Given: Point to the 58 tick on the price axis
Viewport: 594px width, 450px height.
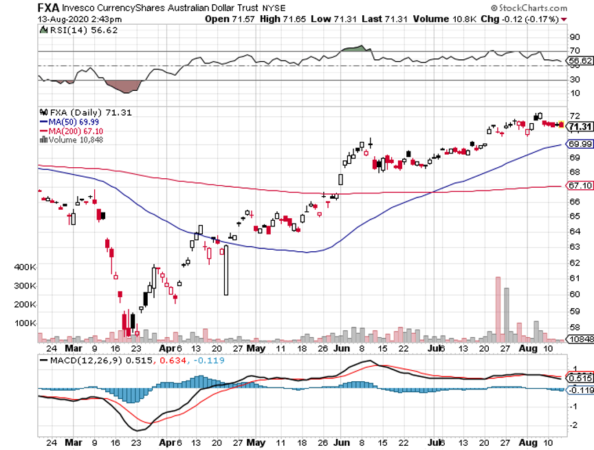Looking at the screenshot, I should click(x=574, y=311).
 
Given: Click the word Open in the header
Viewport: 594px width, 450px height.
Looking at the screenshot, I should click(x=217, y=19).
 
